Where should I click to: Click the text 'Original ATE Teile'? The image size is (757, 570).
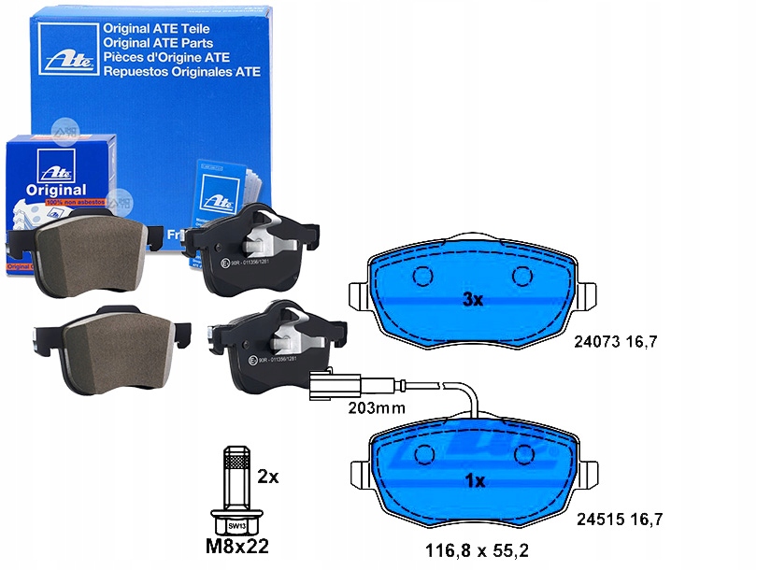[158, 28]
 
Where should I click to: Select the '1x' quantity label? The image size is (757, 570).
[474, 481]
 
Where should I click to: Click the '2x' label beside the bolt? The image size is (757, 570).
[267, 477]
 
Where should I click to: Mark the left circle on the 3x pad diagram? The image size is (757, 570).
[422, 277]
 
